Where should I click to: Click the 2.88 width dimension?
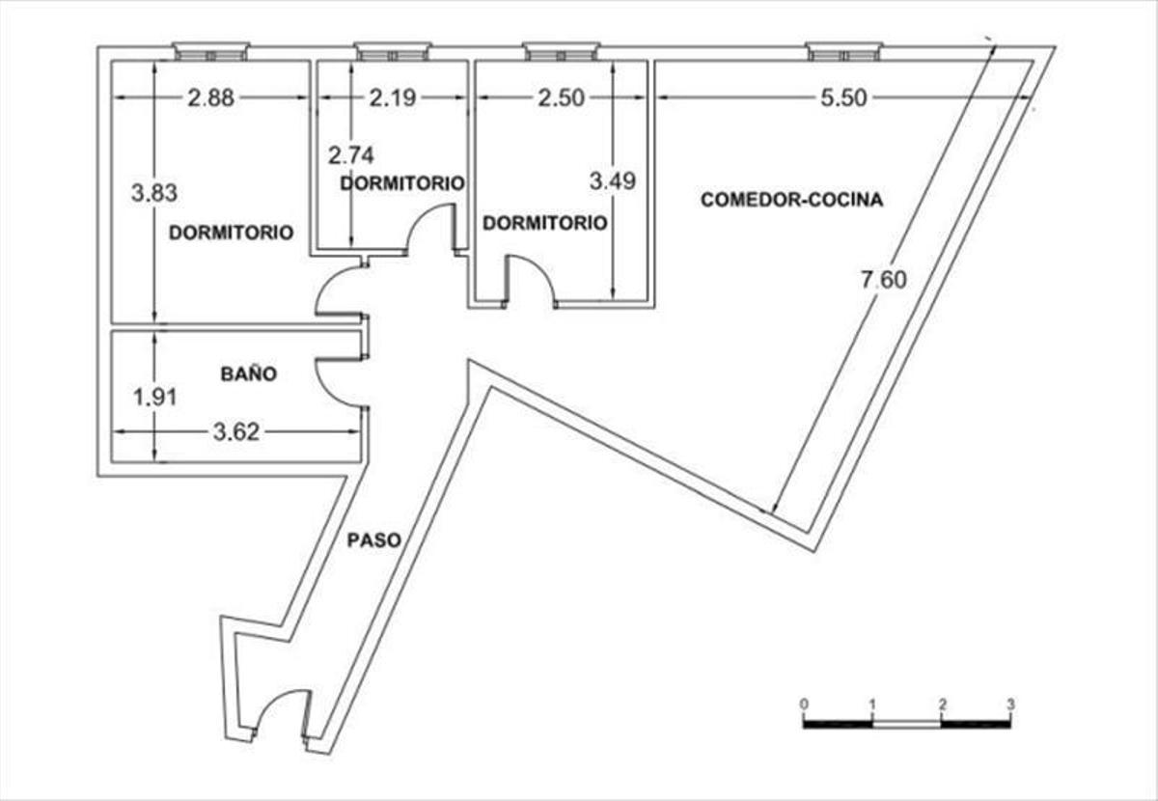click(211, 97)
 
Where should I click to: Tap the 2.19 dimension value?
click(393, 97)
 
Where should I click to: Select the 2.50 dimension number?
click(561, 97)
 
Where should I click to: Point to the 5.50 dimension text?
click(843, 97)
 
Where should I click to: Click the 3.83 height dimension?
click(154, 193)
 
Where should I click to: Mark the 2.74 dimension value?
click(351, 155)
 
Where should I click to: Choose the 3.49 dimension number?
click(613, 181)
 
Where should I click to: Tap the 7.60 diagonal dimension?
click(884, 280)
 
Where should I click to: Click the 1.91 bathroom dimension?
click(155, 398)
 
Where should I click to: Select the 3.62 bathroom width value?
click(236, 431)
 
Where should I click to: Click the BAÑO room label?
click(249, 373)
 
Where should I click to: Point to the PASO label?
click(374, 540)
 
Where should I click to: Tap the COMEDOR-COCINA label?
click(792, 200)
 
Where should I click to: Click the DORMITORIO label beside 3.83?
click(231, 233)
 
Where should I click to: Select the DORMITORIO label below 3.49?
click(545, 223)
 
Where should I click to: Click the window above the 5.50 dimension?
click(843, 52)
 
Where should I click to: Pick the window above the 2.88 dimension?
click(210, 52)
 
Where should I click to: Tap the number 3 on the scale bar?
click(1011, 704)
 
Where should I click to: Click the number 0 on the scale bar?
click(803, 704)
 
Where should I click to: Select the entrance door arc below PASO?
click(284, 710)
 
